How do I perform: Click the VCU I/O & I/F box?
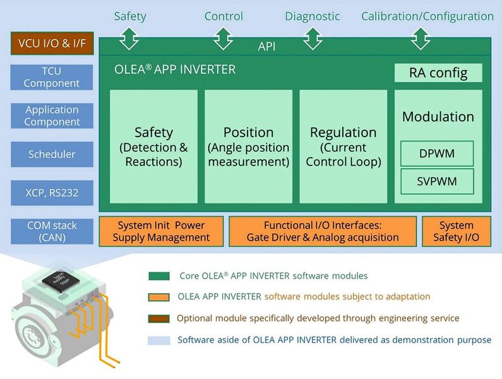pos(52,44)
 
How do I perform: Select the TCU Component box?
pos(52,77)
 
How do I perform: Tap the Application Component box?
pos(52,116)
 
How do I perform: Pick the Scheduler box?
pos(52,154)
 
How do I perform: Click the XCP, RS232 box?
pos(52,193)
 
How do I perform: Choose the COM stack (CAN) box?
pos(52,231)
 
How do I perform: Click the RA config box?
pos(438,73)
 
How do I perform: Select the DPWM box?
pos(437,153)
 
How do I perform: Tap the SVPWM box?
pos(437,182)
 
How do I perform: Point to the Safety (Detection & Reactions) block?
pos(153,147)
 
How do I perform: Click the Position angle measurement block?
pos(248,147)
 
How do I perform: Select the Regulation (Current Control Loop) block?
pos(343,147)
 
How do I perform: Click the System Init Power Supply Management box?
pos(161,231)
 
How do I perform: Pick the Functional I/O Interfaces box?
pos(323,231)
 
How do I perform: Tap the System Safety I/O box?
pos(456,231)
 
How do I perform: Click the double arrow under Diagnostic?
pos(313,39)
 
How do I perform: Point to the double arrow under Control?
pos(224,39)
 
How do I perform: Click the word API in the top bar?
pos(267,46)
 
